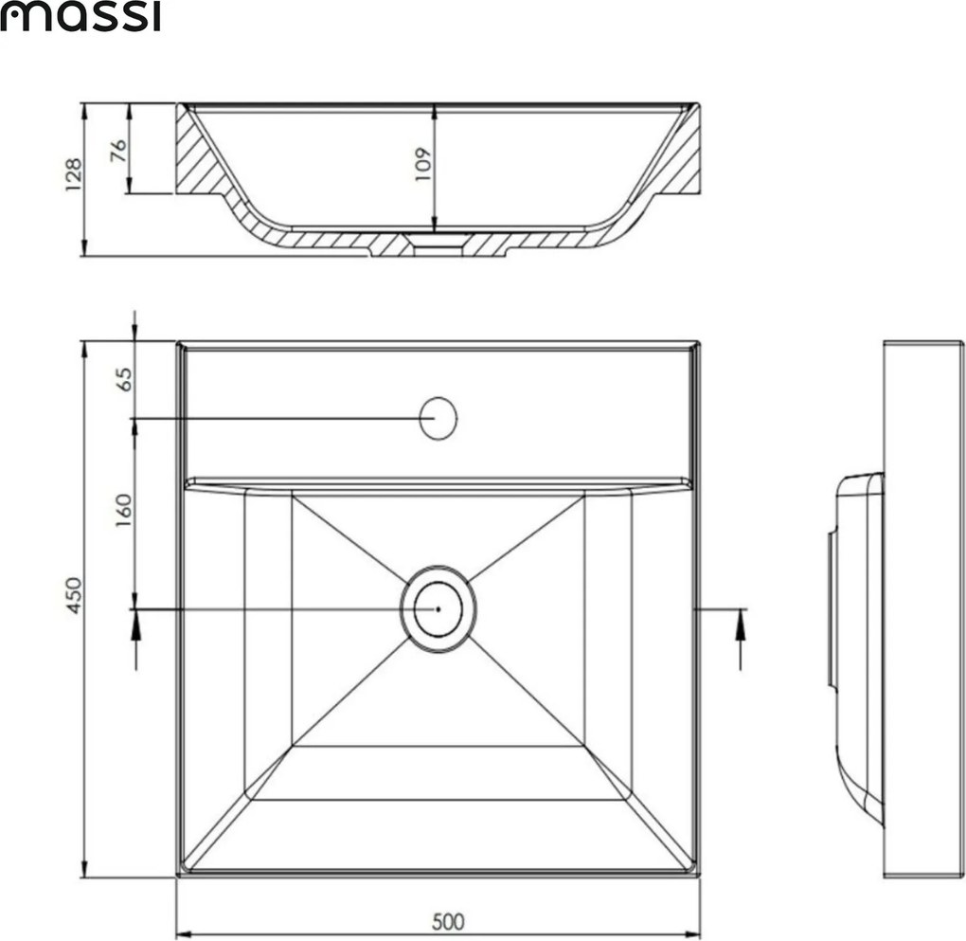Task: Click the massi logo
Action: [x=80, y=16]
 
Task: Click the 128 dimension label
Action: [x=74, y=175]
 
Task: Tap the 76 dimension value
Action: [x=118, y=151]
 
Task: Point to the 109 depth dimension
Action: [x=422, y=164]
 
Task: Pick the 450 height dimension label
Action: [x=74, y=594]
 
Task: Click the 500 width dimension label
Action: [x=447, y=920]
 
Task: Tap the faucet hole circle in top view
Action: [x=438, y=418]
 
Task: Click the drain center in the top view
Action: [x=438, y=608]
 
